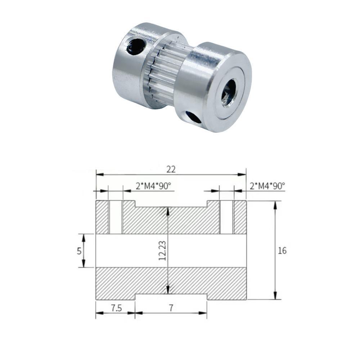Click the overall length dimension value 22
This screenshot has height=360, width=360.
pos(171,170)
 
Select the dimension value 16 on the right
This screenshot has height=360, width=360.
pos(282,251)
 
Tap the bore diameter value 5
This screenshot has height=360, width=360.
pos(79,251)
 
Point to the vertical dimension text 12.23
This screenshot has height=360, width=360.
pos(162,251)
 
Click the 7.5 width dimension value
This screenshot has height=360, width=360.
pos(116,308)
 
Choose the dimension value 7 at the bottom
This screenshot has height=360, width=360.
pos(171,308)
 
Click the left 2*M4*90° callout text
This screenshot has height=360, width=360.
pos(153,186)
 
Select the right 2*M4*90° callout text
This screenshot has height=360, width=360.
pos(267,186)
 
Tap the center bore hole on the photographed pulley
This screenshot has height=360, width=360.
pos(229,92)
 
